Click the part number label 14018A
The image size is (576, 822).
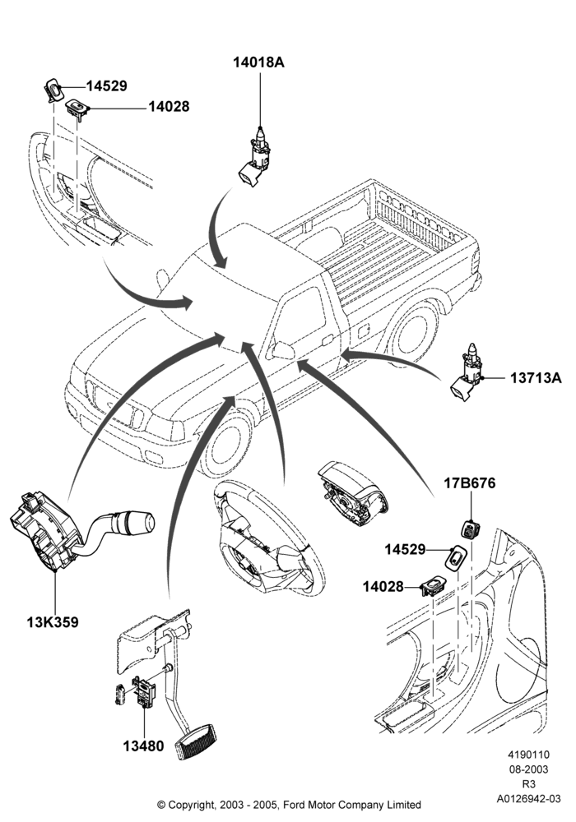[258, 62]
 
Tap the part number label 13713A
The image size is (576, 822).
[536, 377]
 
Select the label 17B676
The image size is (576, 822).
[470, 483]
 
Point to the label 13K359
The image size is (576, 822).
[53, 622]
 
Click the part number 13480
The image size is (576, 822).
[143, 746]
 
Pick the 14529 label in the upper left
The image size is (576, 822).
[106, 86]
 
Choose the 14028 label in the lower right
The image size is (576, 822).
[383, 587]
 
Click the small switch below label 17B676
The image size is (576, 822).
[470, 528]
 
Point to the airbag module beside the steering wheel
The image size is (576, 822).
[354, 492]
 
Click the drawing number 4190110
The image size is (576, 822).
[528, 755]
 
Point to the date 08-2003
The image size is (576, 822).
[528, 769]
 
